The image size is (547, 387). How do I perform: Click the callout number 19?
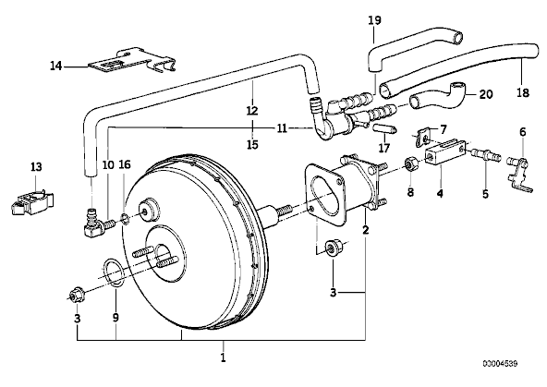click(374, 20)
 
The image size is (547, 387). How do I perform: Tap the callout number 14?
click(55, 66)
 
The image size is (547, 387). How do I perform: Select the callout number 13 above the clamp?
click(36, 166)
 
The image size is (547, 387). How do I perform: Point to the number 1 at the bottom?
click(223, 357)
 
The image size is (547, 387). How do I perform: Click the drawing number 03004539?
click(500, 364)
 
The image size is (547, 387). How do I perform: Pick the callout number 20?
click(486, 94)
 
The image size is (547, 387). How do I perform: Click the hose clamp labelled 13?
click(31, 201)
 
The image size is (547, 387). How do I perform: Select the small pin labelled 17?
click(384, 129)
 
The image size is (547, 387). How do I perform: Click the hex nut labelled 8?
click(410, 163)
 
